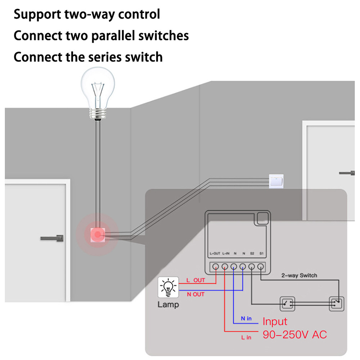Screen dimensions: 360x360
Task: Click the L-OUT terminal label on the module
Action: tap(215, 253)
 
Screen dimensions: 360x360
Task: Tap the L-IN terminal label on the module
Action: tap(226, 253)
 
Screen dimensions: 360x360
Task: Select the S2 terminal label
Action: tap(252, 253)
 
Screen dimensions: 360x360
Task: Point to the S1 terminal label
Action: tap(261, 253)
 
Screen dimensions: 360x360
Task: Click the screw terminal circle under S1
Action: tap(260, 266)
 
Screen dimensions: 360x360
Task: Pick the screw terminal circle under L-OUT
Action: tap(216, 266)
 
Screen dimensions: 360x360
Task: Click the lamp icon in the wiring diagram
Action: tap(168, 287)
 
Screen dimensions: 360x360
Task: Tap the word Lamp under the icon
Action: tap(168, 305)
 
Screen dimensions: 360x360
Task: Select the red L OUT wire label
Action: tap(195, 280)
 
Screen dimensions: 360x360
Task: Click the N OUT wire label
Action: tap(195, 294)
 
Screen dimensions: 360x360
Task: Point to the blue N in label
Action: tap(246, 319)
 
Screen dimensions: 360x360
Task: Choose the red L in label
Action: tap(246, 337)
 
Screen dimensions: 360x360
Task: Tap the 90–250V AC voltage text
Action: tap(295, 334)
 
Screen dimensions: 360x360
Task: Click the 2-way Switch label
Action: tap(299, 275)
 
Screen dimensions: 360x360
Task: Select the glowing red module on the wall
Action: tap(98, 235)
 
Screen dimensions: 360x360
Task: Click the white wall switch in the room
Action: tap(276, 181)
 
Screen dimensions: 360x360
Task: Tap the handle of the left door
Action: tap(52, 238)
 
